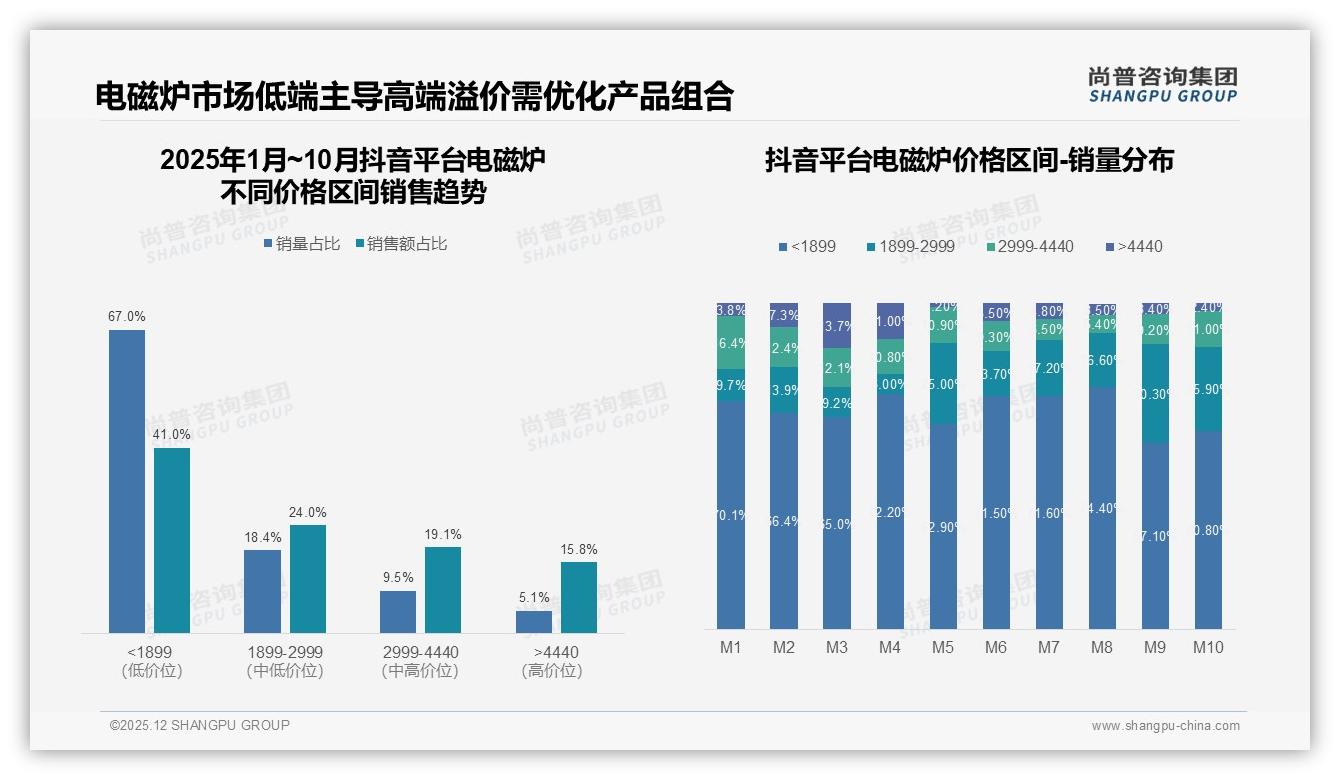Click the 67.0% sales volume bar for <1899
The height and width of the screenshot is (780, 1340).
point(127,481)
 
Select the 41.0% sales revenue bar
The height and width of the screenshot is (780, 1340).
point(172,540)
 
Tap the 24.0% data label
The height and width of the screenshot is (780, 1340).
point(308,512)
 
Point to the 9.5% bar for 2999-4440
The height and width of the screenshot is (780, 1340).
point(398,612)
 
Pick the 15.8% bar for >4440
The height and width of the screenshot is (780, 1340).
point(579,597)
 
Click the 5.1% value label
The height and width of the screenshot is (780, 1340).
point(534,598)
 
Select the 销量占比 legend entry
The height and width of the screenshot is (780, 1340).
point(303,244)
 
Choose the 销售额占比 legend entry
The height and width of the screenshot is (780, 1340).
point(402,244)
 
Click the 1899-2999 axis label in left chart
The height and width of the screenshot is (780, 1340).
point(285,652)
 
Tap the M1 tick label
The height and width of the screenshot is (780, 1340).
point(731,647)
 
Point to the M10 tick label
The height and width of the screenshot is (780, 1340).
point(1208,647)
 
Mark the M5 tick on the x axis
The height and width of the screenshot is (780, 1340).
point(943,647)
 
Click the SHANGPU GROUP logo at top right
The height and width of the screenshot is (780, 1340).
point(1163,84)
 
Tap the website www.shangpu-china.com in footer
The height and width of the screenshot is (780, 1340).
point(1165,726)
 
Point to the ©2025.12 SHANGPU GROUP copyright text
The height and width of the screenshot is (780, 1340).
point(200,725)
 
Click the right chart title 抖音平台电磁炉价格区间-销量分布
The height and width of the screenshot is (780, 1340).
point(969,160)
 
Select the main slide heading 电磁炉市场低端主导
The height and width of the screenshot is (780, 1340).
point(415,96)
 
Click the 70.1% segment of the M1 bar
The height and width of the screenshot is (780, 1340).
point(731,515)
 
